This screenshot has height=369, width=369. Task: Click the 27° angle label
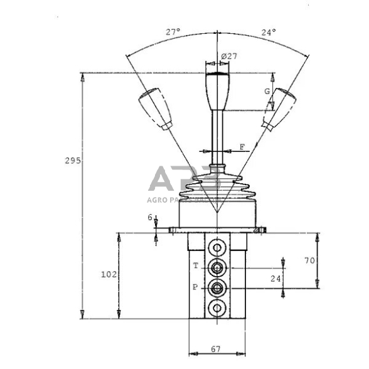pyautogui.click(x=173, y=31)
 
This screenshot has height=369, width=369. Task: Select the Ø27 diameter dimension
pyautogui.click(x=229, y=56)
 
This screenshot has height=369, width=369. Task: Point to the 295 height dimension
pyautogui.click(x=72, y=161)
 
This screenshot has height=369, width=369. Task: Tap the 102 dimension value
pyautogui.click(x=109, y=274)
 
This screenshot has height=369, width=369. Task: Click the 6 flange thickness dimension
pyautogui.click(x=150, y=217)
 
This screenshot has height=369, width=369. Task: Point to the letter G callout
pyautogui.click(x=266, y=92)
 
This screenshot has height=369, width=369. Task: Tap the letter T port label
pyautogui.click(x=195, y=265)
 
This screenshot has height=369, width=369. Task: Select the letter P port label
pyautogui.click(x=195, y=287)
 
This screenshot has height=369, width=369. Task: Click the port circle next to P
pyautogui.click(x=217, y=288)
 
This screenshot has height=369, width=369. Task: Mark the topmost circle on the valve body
pyautogui.click(x=217, y=245)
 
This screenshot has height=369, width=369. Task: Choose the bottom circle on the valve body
pyautogui.click(x=217, y=309)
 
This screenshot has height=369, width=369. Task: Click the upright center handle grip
pyautogui.click(x=216, y=91)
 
